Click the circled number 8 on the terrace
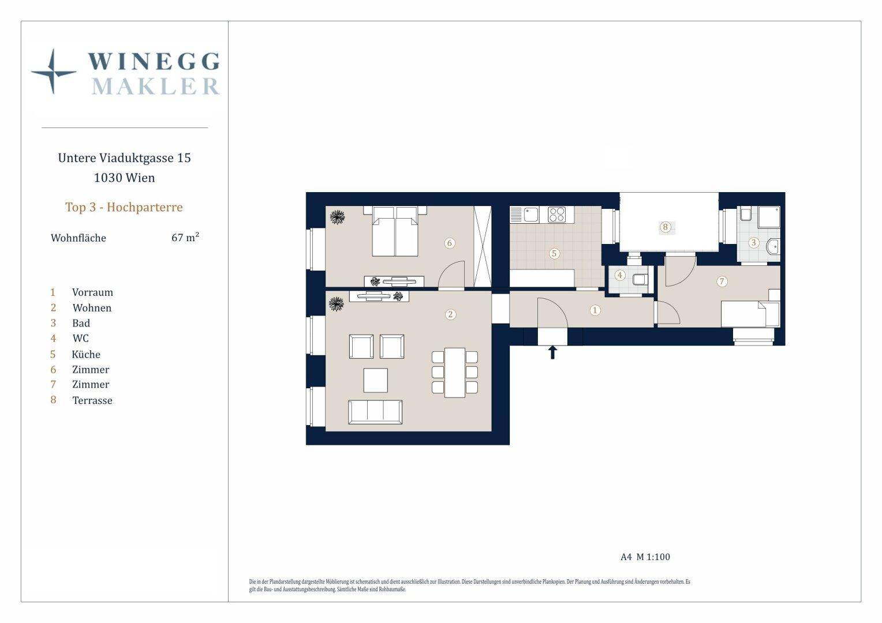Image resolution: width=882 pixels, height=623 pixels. click(665, 227)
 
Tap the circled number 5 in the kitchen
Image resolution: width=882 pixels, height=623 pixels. click(554, 253)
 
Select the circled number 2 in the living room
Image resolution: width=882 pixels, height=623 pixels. click(450, 314)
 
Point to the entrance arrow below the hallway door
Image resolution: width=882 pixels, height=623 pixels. click(552, 352)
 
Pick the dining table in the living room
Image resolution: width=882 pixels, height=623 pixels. click(455, 372)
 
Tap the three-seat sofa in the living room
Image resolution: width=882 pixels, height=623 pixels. click(375, 412)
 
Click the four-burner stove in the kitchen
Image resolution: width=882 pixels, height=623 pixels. click(557, 215)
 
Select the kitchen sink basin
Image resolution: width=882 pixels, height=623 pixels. click(531, 215)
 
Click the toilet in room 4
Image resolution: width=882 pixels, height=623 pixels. click(640, 280)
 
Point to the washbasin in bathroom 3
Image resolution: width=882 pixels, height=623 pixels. click(773, 246)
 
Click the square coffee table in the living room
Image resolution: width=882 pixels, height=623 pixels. click(375, 380)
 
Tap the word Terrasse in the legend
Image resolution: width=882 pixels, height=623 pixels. click(92, 400)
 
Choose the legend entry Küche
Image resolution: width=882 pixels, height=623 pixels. click(86, 354)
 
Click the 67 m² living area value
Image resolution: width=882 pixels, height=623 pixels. click(185, 237)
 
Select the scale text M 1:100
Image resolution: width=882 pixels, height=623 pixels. click(653, 557)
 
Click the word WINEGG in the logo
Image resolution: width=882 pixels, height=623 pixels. click(154, 61)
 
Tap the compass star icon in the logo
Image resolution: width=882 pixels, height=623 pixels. click(53, 72)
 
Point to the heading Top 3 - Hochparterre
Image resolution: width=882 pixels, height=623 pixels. click(124, 207)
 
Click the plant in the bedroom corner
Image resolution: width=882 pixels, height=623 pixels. click(337, 217)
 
